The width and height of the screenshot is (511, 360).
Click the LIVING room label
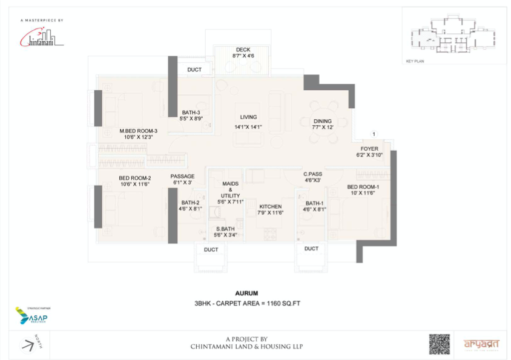coord(248,117)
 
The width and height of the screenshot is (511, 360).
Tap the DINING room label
coord(323,121)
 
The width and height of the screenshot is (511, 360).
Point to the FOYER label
coord(369,148)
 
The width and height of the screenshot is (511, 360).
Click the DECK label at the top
coord(243,50)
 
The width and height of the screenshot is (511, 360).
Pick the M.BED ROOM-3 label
coord(138,131)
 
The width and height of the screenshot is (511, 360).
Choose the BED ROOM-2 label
coord(135,178)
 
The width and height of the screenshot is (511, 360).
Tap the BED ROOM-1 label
coord(362,187)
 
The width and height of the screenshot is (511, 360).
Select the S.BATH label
coord(225,229)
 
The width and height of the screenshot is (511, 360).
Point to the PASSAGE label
coord(182,176)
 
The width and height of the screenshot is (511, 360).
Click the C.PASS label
coord(312,174)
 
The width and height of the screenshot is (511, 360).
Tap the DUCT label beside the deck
coord(194,70)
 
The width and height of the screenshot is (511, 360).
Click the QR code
coord(439,344)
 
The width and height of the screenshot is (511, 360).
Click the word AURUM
coord(242,290)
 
